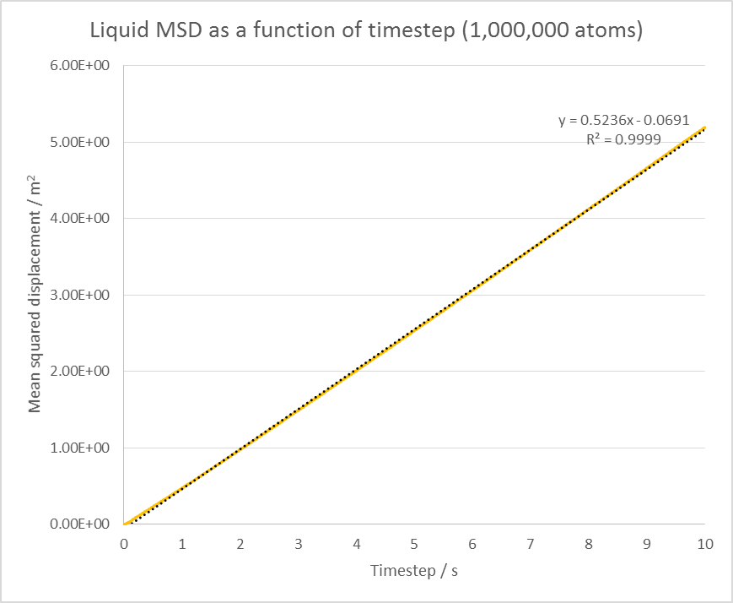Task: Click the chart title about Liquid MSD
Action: coord(365,32)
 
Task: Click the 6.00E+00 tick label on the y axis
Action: coord(81,66)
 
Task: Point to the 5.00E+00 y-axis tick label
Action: coord(81,142)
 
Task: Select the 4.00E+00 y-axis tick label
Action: coord(81,218)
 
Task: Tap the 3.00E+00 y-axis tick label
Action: coord(81,295)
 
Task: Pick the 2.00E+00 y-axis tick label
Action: coord(81,371)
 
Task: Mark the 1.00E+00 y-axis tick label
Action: coord(81,448)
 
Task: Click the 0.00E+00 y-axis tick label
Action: coord(81,524)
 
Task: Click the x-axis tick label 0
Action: coord(124,545)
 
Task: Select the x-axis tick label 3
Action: coord(299,545)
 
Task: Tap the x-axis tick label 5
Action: coord(414,545)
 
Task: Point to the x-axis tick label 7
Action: coord(531,545)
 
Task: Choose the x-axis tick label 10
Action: coord(705,545)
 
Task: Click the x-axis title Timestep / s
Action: coord(414,572)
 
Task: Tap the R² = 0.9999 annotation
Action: coord(623,139)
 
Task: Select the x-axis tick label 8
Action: coord(589,545)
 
